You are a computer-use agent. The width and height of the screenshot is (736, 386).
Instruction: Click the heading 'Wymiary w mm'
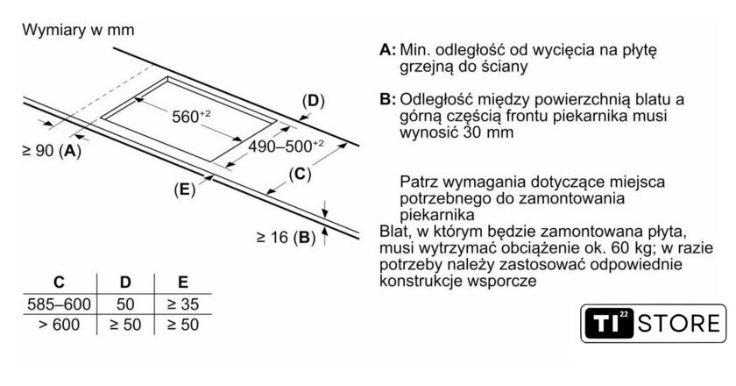[x=78, y=30]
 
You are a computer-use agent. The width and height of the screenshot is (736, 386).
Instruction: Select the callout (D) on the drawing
[x=313, y=101]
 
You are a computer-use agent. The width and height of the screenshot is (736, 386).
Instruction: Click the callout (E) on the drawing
[x=184, y=189]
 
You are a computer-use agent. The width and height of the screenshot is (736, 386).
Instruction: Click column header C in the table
[x=59, y=282]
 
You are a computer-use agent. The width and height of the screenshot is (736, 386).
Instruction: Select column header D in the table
[x=125, y=282]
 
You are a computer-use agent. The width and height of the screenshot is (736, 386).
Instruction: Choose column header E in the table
[x=182, y=282]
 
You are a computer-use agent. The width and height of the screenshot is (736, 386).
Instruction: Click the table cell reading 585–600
[x=59, y=304]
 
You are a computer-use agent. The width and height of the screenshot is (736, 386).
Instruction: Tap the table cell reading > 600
[x=59, y=325]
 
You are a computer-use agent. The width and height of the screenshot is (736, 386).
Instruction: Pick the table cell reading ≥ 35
[x=182, y=304]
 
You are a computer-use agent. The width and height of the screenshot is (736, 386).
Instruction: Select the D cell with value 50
[x=125, y=304]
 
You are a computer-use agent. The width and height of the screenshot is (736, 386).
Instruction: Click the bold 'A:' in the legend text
[x=388, y=50]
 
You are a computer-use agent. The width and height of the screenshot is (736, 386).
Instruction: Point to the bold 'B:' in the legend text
[x=388, y=100]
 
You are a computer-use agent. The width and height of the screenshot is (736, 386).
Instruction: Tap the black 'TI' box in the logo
[x=608, y=323]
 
